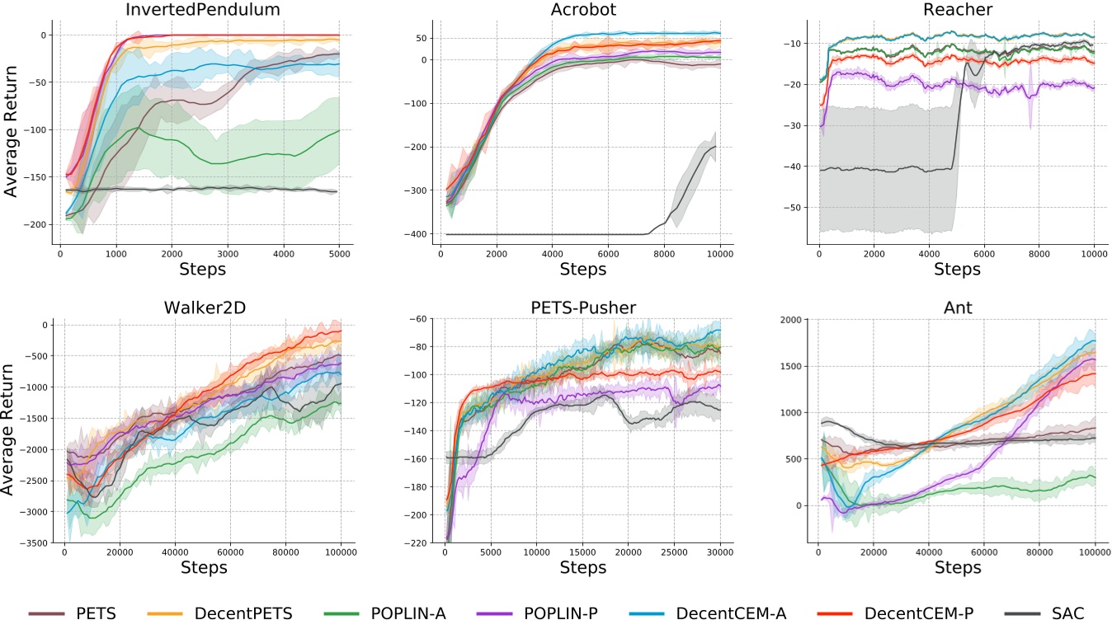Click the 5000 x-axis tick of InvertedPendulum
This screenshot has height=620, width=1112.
[340, 254]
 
